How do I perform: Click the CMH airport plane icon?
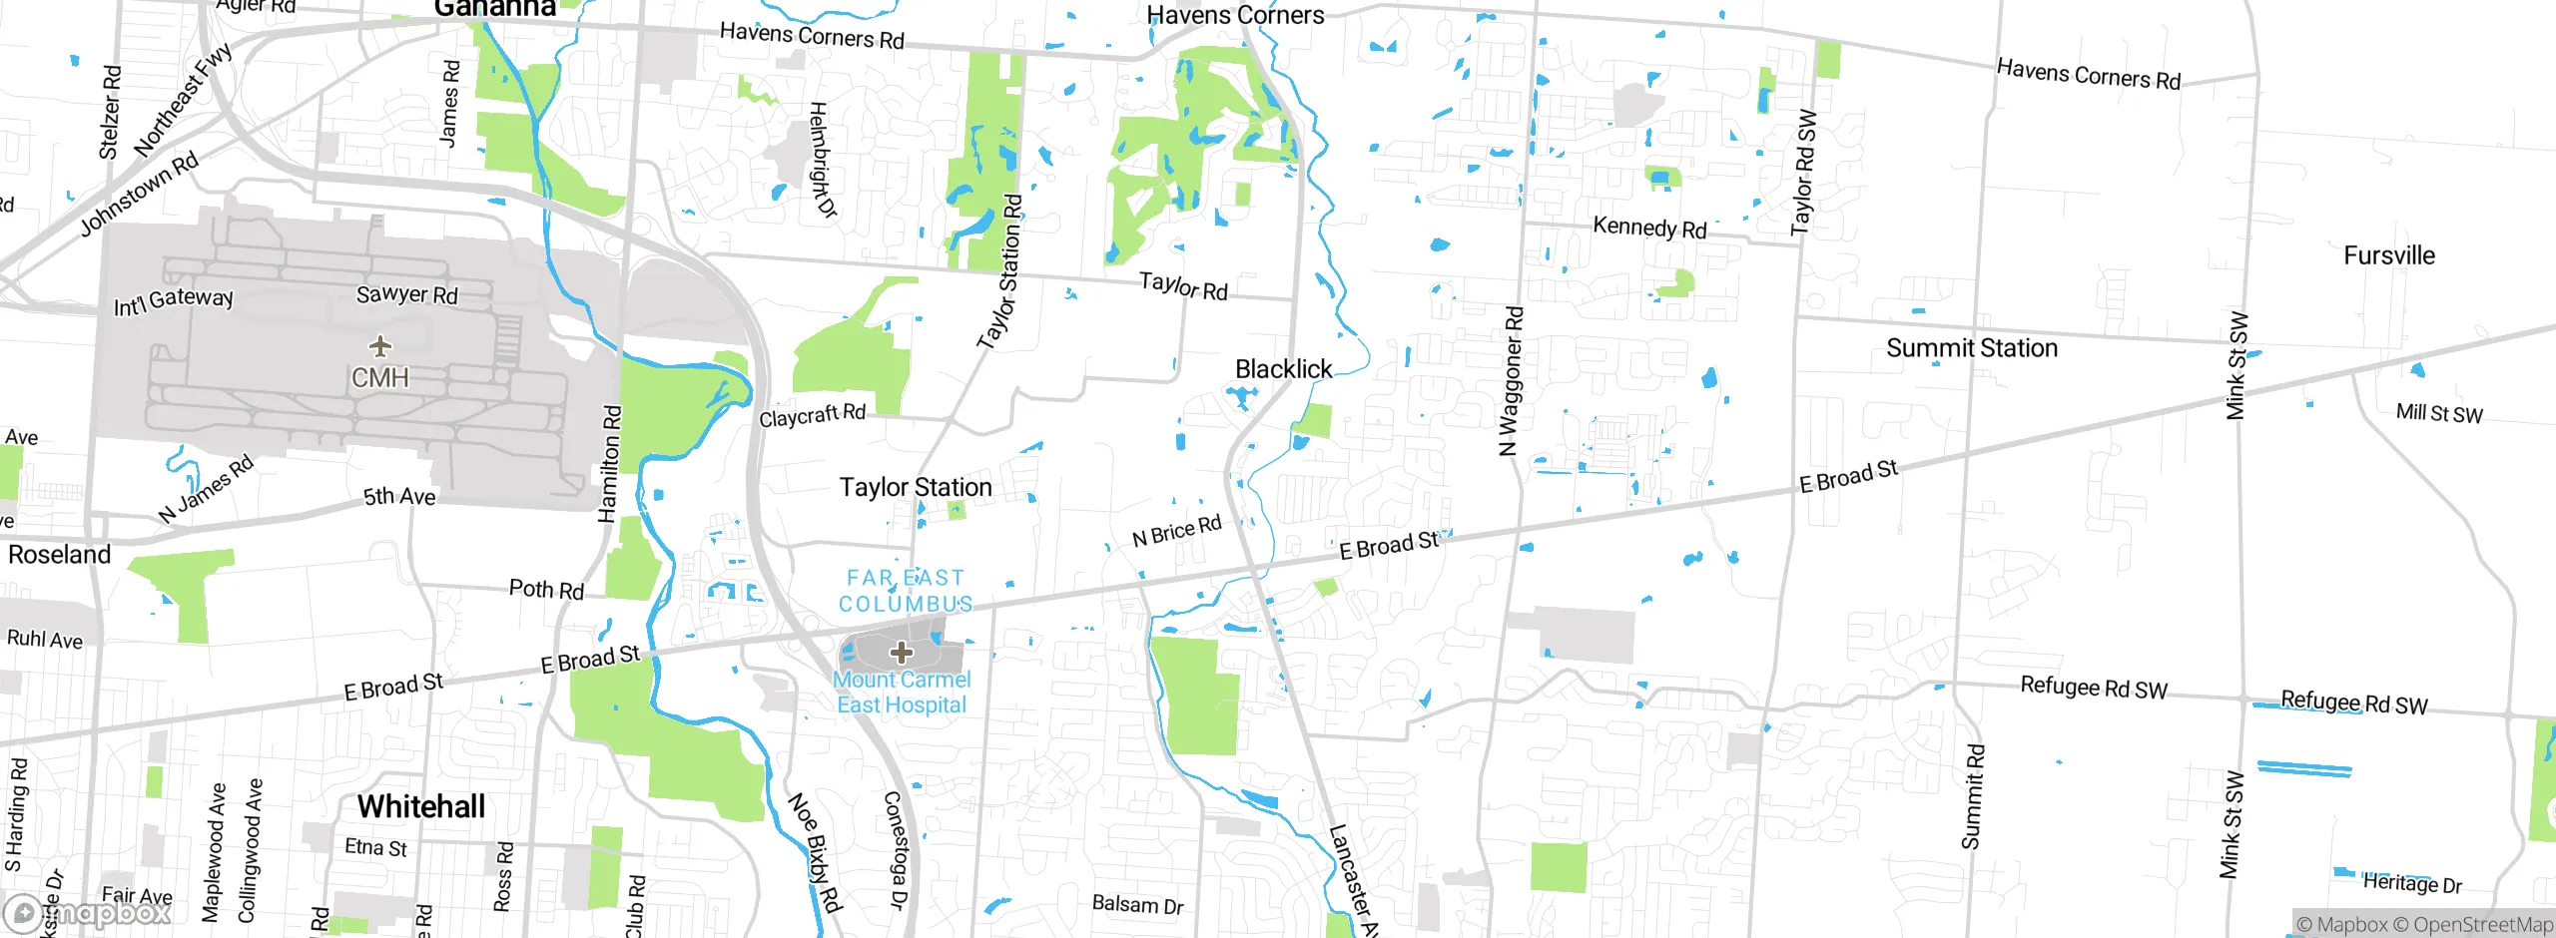pos(379,346)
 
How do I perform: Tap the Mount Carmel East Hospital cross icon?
pos(902,653)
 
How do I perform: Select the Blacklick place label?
pos(1283,369)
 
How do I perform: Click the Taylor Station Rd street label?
pos(1001,271)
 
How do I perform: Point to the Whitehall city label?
pos(421,806)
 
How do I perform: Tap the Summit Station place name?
pos(1972,348)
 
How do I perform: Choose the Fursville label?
pos(2388,255)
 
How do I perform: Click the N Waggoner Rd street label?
pos(1512,381)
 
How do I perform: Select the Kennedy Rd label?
pos(1649,228)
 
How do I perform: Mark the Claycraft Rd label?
pos(812,415)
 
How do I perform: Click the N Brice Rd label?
pos(1176,531)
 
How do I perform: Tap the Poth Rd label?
pos(546,589)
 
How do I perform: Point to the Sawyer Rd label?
pos(406,294)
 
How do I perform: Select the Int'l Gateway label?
pos(174,300)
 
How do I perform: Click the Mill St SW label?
pos(2438,413)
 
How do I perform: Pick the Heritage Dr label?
pos(2412,883)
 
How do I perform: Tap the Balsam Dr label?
pos(1137,904)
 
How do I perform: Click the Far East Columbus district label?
pos(905,591)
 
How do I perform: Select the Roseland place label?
pos(60,555)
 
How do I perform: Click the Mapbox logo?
pos(88,913)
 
